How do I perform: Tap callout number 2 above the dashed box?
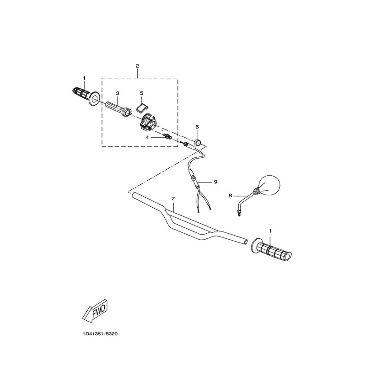pyautogui.click(x=137, y=66)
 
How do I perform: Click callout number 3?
pyautogui.click(x=118, y=93)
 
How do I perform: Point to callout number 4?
pyautogui.click(x=147, y=138)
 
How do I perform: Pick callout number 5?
pyautogui.click(x=142, y=93)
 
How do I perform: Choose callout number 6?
pyautogui.click(x=197, y=127)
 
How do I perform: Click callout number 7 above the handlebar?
pyautogui.click(x=173, y=199)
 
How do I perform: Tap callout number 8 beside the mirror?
pyautogui.click(x=231, y=196)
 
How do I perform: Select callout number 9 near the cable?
pyautogui.click(x=215, y=182)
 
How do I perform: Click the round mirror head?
pyautogui.click(x=269, y=185)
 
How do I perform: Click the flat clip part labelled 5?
pyautogui.click(x=142, y=108)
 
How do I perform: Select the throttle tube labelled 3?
pyautogui.click(x=118, y=108)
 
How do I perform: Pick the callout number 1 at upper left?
pyautogui.click(x=84, y=78)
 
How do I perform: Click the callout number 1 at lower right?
pyautogui.click(x=270, y=231)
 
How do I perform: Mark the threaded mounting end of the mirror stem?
pyautogui.click(x=239, y=212)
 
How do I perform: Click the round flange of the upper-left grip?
pyautogui.click(x=95, y=99)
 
